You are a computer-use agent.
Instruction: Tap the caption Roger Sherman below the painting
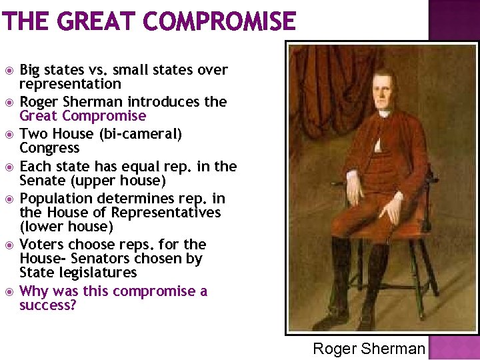click(x=369, y=349)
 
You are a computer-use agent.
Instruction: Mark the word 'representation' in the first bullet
click(x=70, y=84)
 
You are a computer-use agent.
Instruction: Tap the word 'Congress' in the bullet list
click(x=49, y=148)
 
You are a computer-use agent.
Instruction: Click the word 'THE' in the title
click(x=26, y=21)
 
